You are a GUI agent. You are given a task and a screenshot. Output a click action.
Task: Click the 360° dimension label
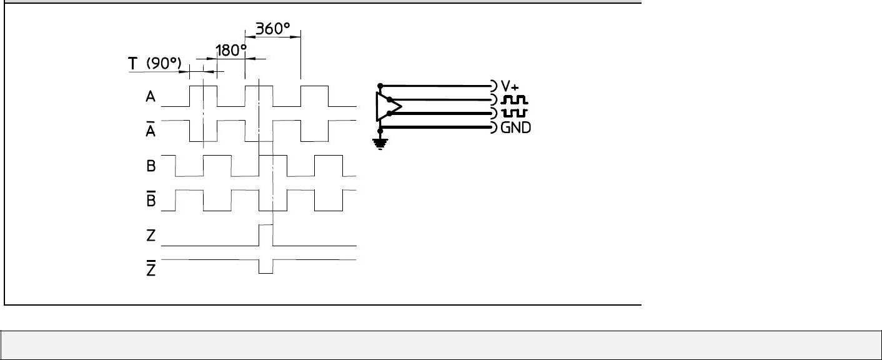pos(276,29)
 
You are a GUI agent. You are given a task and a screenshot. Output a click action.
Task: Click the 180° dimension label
pos(231,51)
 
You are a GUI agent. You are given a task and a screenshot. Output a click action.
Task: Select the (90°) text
pos(164,64)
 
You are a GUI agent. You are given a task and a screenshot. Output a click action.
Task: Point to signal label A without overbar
pos(151,97)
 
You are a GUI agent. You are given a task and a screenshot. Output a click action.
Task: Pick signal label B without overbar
pos(151,167)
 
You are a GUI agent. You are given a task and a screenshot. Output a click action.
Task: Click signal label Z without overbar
pos(151,236)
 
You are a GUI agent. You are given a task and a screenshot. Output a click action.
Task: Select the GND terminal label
pos(516,127)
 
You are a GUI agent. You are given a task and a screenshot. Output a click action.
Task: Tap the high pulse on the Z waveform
pos(266,234)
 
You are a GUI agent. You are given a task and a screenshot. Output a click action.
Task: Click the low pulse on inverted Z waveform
pos(266,267)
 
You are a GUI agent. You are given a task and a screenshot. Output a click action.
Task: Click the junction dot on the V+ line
pos(380,86)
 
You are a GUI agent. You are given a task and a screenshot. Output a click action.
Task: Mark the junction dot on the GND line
pos(380,127)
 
